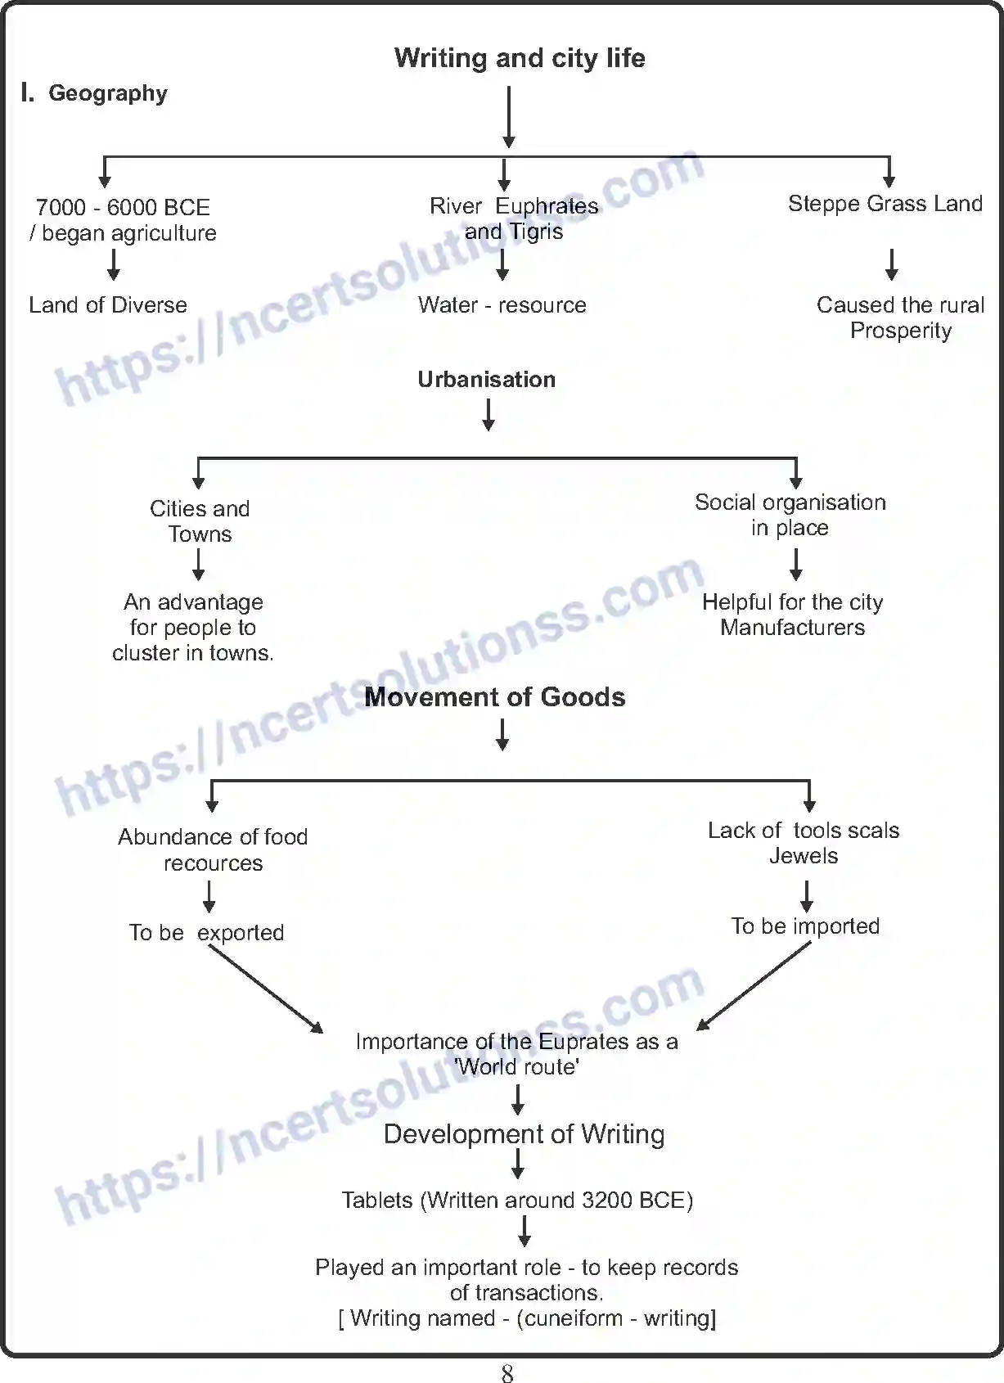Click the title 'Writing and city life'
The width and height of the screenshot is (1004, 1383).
[519, 58]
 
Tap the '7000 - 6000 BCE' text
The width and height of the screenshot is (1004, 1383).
[123, 207]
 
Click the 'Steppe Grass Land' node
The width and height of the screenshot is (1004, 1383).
[885, 204]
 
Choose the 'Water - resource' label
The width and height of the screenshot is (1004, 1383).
[502, 305]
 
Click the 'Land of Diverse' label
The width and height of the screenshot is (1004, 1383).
[107, 305]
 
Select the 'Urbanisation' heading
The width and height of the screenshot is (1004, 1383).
[486, 380]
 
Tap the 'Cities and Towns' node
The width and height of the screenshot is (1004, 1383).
[200, 521]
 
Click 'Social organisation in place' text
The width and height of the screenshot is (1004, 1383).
[790, 515]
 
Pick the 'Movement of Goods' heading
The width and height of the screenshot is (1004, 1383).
[494, 697]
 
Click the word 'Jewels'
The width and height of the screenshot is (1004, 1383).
[803, 856]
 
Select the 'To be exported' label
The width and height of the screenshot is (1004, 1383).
[206, 933]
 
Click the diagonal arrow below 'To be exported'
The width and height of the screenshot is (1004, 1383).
[266, 989]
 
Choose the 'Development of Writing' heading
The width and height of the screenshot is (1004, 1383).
[524, 1134]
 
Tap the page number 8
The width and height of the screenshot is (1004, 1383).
[507, 1373]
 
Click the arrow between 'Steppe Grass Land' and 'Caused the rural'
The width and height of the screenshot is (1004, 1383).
[891, 264]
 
